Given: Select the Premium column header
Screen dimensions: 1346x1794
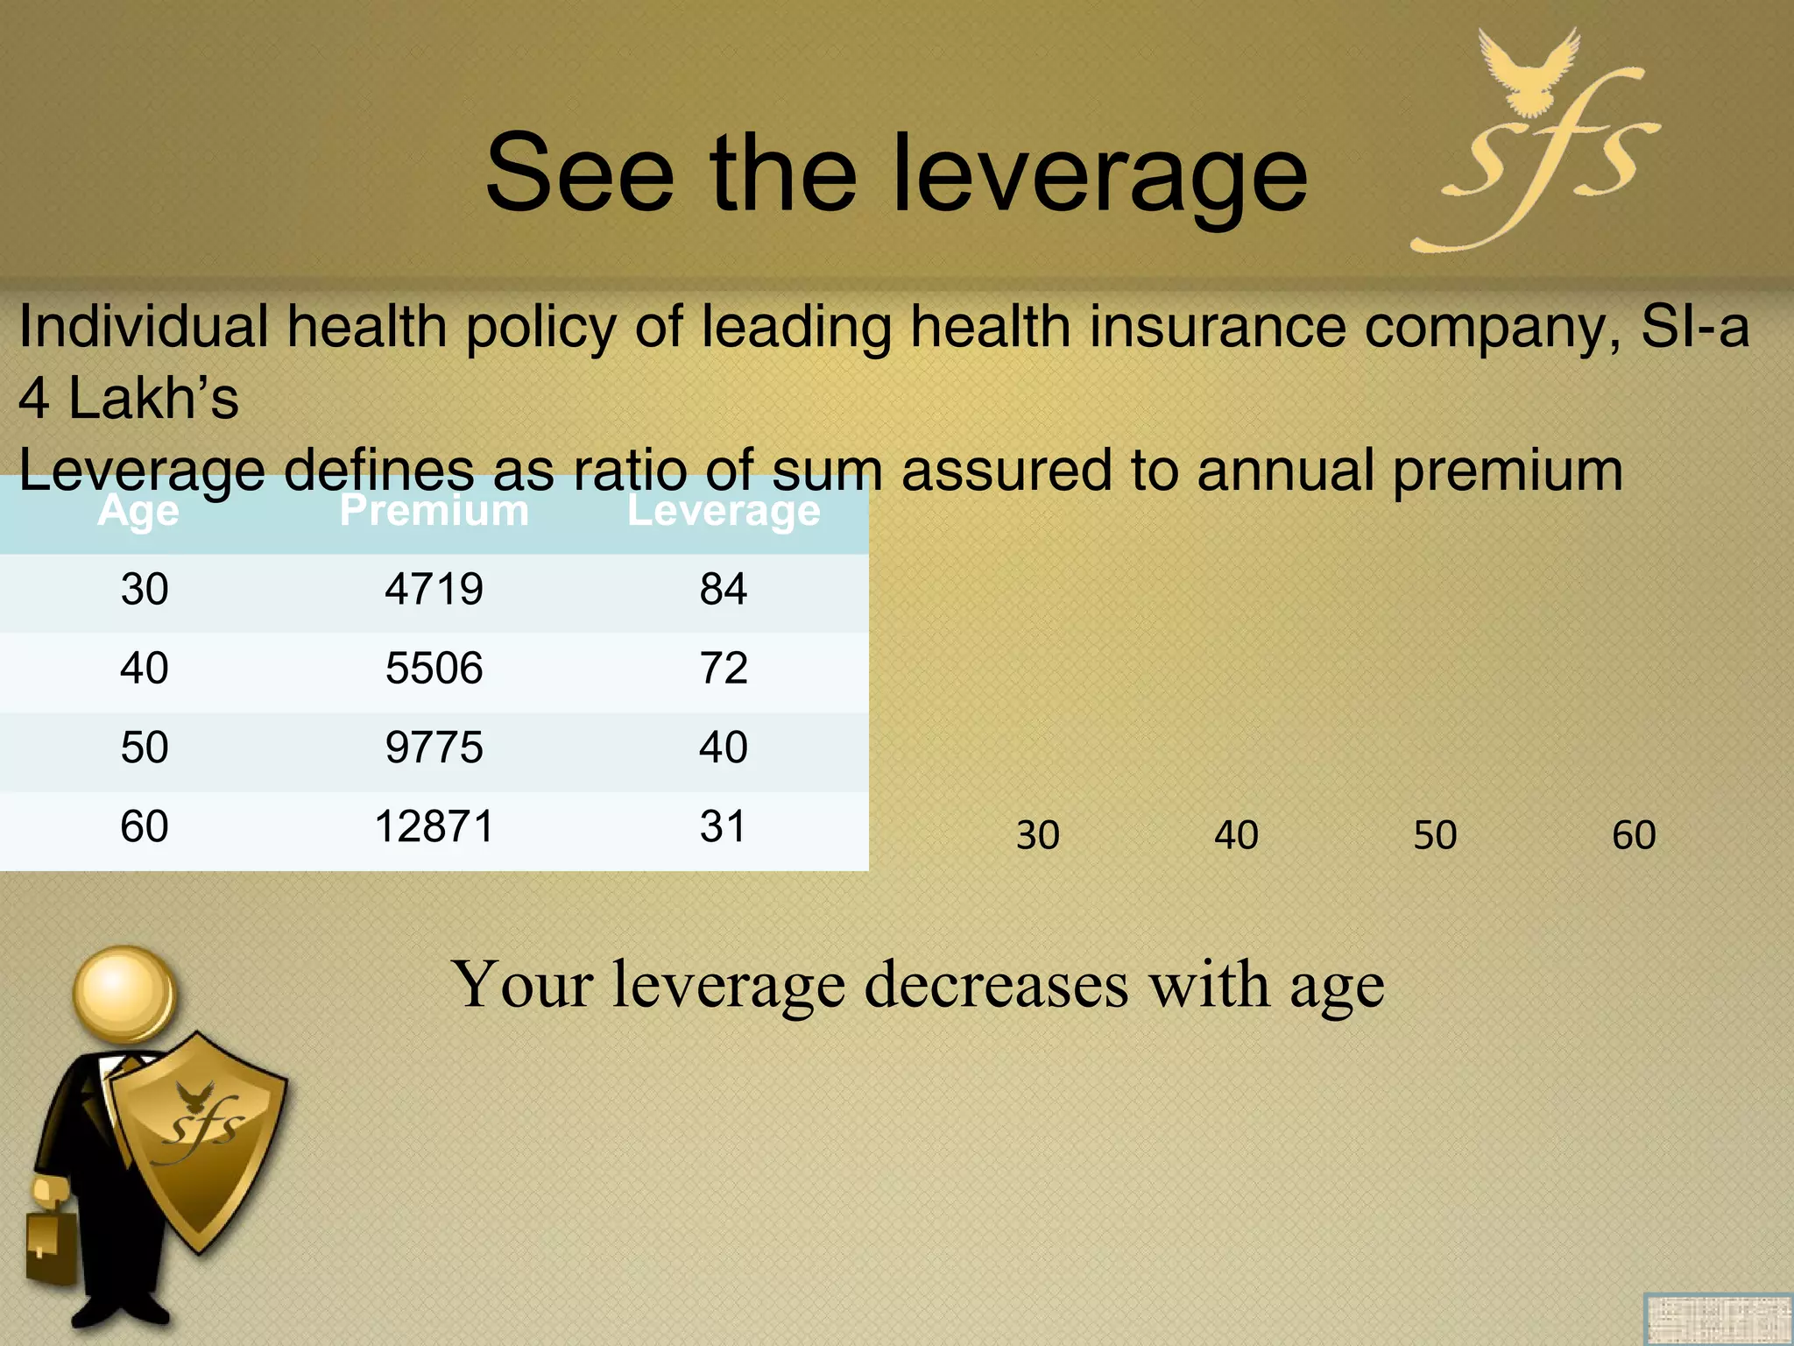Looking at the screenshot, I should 434,510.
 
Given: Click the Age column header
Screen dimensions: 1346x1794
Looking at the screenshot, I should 138,510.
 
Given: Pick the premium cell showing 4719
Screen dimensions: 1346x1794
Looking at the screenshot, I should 434,589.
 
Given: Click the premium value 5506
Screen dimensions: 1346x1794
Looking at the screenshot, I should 434,669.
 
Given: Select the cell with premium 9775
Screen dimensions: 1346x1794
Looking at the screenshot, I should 434,747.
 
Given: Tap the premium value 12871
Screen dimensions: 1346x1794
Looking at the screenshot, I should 434,826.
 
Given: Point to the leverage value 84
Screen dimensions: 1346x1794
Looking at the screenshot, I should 724,589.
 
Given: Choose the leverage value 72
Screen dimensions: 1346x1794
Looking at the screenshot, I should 724,669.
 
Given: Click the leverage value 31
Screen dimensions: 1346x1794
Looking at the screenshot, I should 724,826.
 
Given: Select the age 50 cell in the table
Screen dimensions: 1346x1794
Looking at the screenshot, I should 145,747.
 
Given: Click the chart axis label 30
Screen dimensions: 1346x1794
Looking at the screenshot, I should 1038,835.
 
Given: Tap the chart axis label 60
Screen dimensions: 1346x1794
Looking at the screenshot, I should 1634,835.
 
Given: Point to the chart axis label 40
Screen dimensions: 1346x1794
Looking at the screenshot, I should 1236,835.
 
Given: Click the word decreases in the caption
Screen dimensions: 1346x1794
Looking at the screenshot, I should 996,985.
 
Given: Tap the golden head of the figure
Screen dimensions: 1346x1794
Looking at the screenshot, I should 124,995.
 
